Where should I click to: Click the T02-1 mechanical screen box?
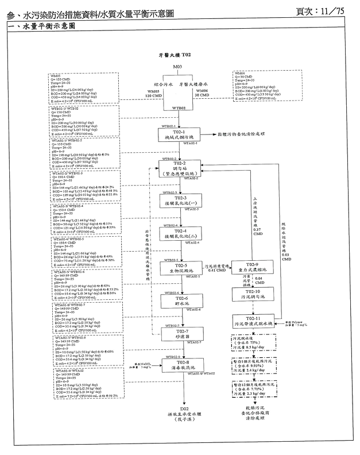click(x=177, y=135)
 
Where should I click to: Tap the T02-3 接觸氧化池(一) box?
click(x=177, y=200)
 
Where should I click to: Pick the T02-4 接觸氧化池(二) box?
click(x=177, y=233)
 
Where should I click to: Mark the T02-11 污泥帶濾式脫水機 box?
click(x=253, y=321)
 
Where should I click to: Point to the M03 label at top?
click(x=177, y=67)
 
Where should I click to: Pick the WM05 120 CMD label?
click(x=154, y=93)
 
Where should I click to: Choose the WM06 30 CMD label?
click(x=202, y=93)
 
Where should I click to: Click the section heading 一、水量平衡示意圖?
click(x=39, y=27)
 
